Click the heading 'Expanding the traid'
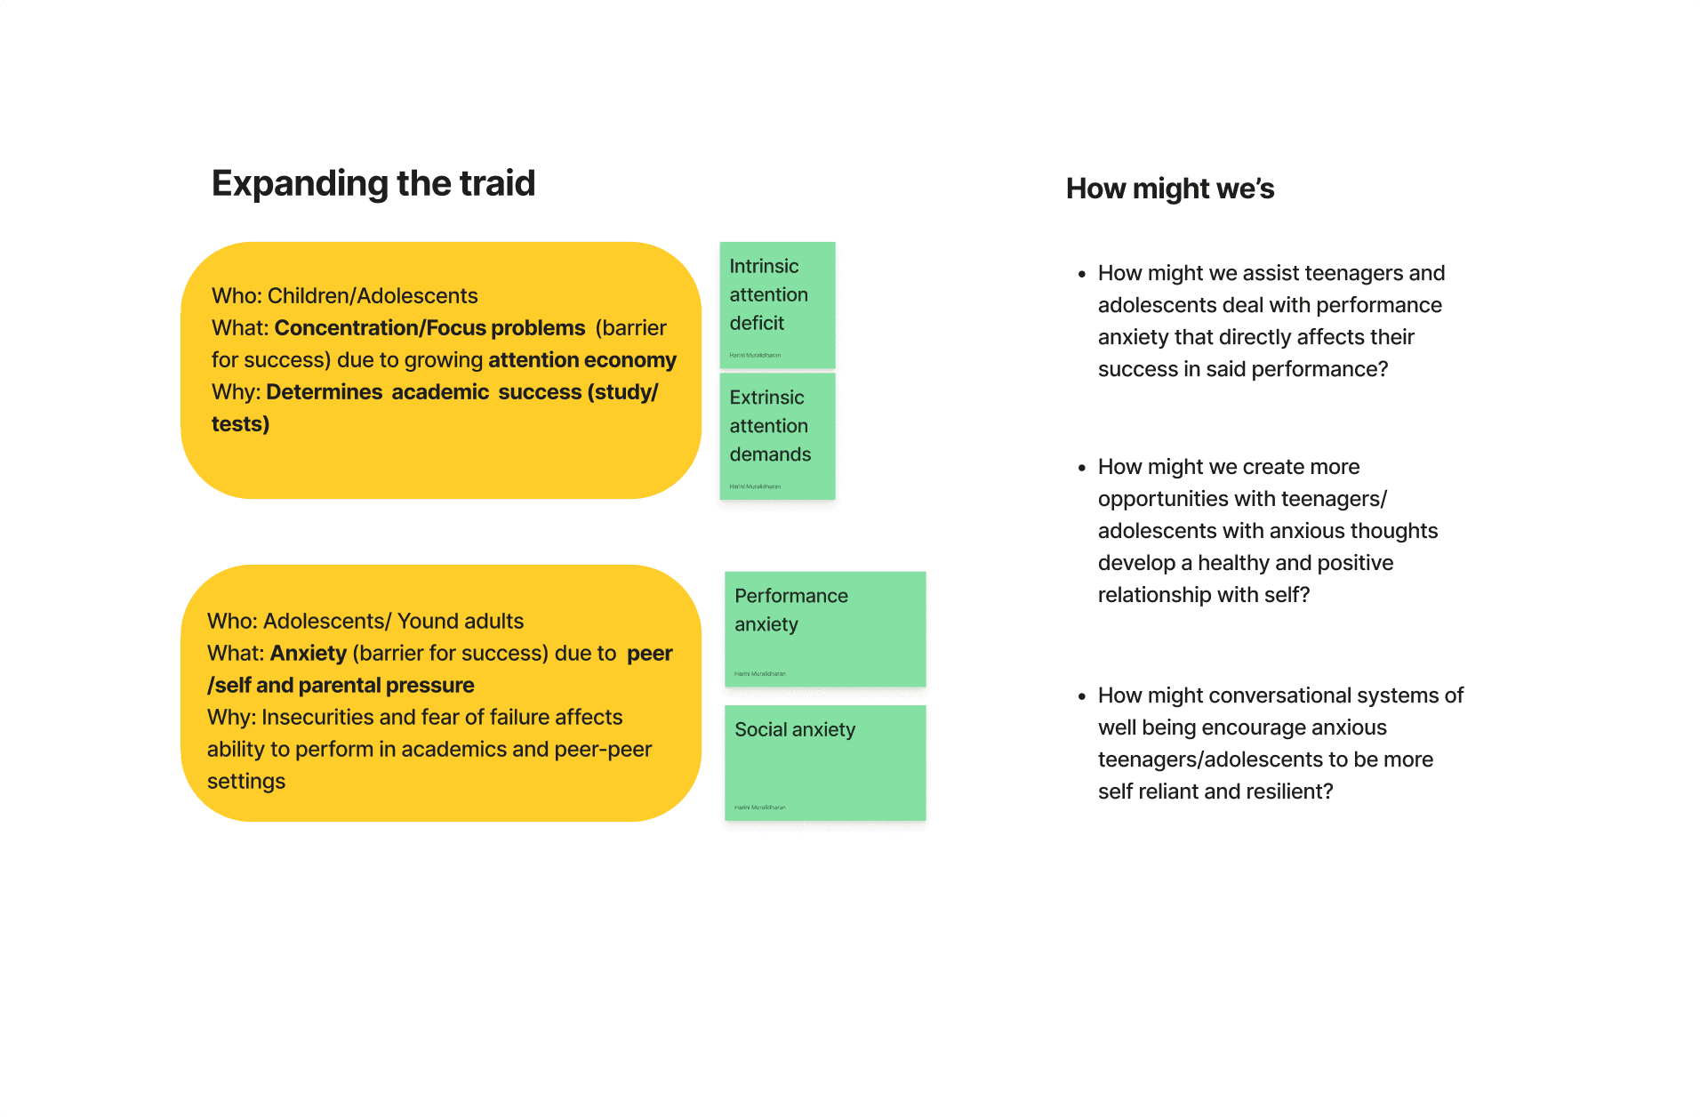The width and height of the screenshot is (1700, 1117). (x=373, y=184)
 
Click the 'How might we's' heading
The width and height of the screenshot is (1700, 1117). (x=1169, y=189)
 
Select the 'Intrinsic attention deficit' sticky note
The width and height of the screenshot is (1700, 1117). (x=777, y=304)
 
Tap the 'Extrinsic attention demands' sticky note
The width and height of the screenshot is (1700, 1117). (x=777, y=436)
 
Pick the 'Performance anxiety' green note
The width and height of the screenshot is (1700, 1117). (x=825, y=628)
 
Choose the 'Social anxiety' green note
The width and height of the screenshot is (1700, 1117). (x=825, y=762)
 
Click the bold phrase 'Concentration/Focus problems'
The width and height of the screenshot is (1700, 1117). (x=429, y=328)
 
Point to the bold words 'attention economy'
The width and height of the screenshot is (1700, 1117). (x=581, y=360)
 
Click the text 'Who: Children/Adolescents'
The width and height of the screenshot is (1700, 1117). (x=344, y=296)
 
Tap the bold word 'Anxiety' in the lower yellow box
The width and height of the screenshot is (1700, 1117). (x=308, y=654)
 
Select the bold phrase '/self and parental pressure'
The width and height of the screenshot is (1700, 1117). (x=341, y=686)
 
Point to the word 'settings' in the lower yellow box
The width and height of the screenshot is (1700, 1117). (x=246, y=782)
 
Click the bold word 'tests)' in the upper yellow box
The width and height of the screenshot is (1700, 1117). (x=240, y=424)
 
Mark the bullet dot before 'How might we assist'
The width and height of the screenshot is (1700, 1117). (x=1082, y=274)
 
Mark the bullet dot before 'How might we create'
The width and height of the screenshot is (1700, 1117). (x=1082, y=468)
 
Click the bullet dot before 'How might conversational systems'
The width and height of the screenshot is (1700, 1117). (x=1082, y=696)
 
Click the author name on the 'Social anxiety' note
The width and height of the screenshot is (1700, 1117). (x=760, y=808)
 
